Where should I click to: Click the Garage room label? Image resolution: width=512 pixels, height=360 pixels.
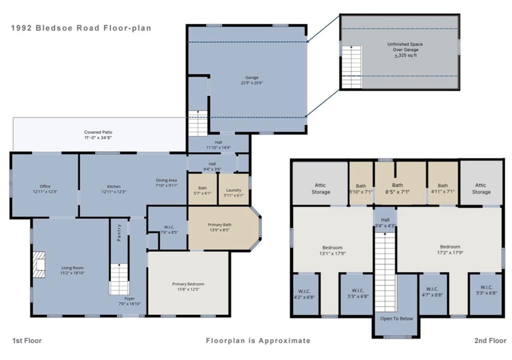pyautogui.click(x=252, y=77)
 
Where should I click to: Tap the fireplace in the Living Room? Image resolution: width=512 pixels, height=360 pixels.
pyautogui.click(x=38, y=264)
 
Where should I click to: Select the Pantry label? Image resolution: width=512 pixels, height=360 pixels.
pyautogui.click(x=119, y=232)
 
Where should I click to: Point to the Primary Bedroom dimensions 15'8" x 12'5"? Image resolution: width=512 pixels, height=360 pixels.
pyautogui.click(x=188, y=289)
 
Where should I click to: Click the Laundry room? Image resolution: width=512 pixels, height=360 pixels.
pyautogui.click(x=233, y=189)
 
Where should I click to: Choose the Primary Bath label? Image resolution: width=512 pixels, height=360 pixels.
pyautogui.click(x=219, y=225)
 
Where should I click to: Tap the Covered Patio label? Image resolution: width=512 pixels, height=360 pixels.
pyautogui.click(x=98, y=132)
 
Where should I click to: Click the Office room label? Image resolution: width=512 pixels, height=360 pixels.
pyautogui.click(x=45, y=186)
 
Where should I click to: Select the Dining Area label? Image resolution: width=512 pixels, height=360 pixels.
pyautogui.click(x=166, y=180)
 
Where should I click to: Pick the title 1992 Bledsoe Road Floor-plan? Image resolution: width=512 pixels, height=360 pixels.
pyautogui.click(x=81, y=28)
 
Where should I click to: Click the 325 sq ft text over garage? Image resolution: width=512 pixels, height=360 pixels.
pyautogui.click(x=405, y=55)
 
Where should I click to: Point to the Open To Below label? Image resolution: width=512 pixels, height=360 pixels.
pyautogui.click(x=396, y=318)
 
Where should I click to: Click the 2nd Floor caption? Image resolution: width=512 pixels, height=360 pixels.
pyautogui.click(x=490, y=340)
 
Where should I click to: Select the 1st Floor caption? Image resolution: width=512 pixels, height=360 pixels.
pyautogui.click(x=27, y=340)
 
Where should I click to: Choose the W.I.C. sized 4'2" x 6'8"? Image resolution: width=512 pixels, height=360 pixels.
pyautogui.click(x=304, y=294)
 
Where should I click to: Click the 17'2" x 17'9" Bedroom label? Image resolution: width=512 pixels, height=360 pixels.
pyautogui.click(x=450, y=246)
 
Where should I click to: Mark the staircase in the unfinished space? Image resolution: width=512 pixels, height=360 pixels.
pyautogui.click(x=351, y=66)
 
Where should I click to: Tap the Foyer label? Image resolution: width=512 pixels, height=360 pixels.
pyautogui.click(x=129, y=298)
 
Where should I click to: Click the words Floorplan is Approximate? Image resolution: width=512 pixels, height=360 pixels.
pyautogui.click(x=258, y=340)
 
